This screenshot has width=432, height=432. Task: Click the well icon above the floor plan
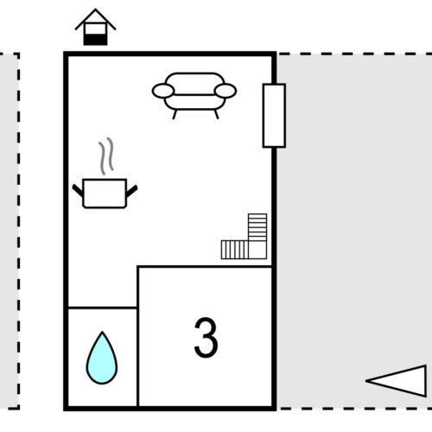[95, 28]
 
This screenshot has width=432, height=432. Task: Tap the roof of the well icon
[95, 17]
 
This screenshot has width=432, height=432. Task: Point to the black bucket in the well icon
[95, 36]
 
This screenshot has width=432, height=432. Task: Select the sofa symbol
[194, 92]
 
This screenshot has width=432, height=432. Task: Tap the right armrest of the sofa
[225, 90]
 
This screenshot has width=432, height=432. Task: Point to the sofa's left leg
[175, 112]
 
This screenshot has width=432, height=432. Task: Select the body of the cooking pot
[104, 193]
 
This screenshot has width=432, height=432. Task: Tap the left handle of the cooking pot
[77, 187]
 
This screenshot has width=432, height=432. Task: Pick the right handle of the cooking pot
[131, 187]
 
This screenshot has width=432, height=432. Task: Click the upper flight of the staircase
[257, 226]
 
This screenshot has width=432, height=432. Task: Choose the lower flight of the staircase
[234, 250]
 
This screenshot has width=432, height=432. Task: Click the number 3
[206, 338]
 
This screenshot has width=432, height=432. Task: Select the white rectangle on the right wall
[274, 116]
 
